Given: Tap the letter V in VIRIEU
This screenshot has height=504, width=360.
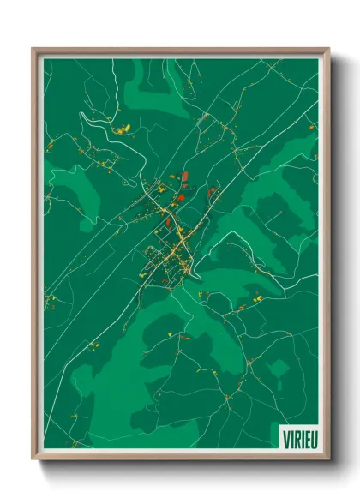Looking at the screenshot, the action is pyautogui.click(x=286, y=438).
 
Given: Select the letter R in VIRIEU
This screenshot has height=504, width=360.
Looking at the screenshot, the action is pyautogui.click(x=295, y=438).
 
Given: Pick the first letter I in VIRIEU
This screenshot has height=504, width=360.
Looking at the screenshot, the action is pyautogui.click(x=291, y=438).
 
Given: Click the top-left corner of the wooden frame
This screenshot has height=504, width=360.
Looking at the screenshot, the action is pyautogui.click(x=33, y=49).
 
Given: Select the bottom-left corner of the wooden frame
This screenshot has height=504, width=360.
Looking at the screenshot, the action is pyautogui.click(x=33, y=459).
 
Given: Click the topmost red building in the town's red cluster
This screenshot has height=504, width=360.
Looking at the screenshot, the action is pyautogui.click(x=184, y=176).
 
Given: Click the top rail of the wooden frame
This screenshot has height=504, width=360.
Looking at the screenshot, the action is pyautogui.click(x=180, y=51).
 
